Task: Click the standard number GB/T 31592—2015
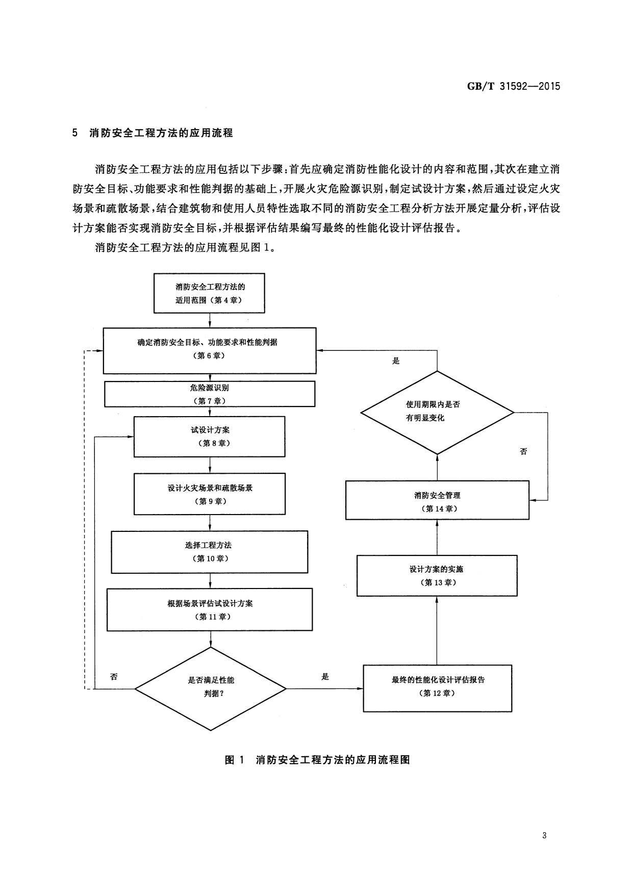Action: pyautogui.click(x=514, y=86)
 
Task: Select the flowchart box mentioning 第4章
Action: pyautogui.click(x=209, y=293)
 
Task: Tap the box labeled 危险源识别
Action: pyautogui.click(x=209, y=394)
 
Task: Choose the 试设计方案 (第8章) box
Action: pyautogui.click(x=209, y=437)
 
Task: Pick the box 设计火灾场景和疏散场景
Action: pyautogui.click(x=209, y=494)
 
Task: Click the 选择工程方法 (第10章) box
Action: pyautogui.click(x=209, y=552)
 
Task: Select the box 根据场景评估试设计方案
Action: pyautogui.click(x=209, y=609)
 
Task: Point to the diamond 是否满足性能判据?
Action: pyautogui.click(x=211, y=688)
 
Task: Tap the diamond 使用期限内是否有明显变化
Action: pyautogui.click(x=437, y=412)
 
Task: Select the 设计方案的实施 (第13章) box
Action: pyautogui.click(x=437, y=575)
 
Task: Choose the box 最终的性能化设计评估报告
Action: pyautogui.click(x=437, y=687)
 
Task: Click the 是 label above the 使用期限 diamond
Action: pyautogui.click(x=396, y=361)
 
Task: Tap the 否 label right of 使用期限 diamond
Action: pyautogui.click(x=523, y=451)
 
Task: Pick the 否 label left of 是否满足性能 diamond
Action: pyautogui.click(x=114, y=677)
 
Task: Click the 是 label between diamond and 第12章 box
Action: pyautogui.click(x=325, y=677)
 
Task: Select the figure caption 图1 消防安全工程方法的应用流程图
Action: pyautogui.click(x=317, y=760)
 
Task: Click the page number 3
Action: pyautogui.click(x=545, y=835)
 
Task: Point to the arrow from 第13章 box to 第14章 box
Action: pyautogui.click(x=437, y=538)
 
